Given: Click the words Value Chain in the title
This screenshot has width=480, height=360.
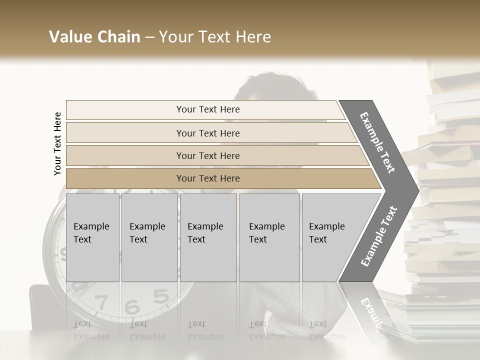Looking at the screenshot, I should point(94,37).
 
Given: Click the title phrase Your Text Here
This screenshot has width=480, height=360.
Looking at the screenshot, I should point(215,37).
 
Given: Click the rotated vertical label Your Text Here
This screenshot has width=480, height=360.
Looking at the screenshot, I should point(57,143).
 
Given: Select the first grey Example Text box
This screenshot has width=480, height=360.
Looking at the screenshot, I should point(92,237).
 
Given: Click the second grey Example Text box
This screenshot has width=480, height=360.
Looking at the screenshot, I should point(149,237).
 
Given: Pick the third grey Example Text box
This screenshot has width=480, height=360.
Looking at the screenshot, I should point(208,237).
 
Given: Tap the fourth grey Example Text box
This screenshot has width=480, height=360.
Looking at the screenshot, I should point(269,237).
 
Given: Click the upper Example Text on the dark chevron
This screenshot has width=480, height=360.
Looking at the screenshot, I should point(377,142).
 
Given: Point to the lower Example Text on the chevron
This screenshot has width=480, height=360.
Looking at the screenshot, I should point(379,236).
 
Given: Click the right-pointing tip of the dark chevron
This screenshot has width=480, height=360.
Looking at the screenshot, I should point(416,190).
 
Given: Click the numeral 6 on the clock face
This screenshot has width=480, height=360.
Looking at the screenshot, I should point(132,306).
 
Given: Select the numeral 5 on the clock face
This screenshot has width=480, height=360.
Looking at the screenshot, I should point(160,297).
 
